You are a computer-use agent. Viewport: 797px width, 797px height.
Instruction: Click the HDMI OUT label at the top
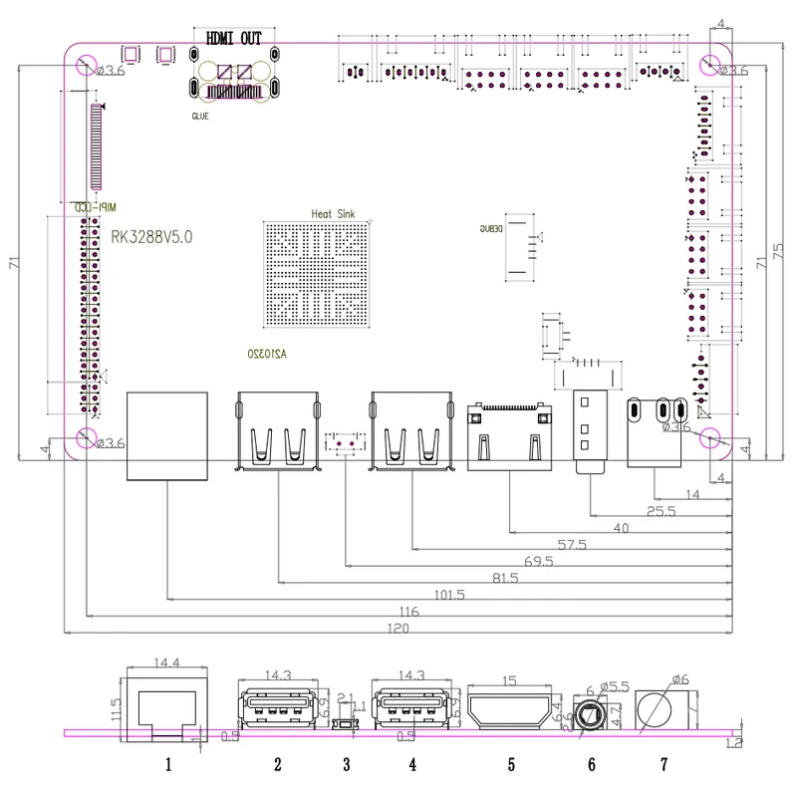233,39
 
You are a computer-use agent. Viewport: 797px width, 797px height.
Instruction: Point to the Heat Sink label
334,214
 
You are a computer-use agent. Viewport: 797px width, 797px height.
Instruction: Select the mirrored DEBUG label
489,229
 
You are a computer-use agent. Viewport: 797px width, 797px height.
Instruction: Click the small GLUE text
200,116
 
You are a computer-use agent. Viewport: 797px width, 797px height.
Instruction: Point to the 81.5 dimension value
505,578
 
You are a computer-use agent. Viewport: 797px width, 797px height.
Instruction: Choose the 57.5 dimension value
570,545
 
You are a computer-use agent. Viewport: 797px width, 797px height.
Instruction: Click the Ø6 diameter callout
678,679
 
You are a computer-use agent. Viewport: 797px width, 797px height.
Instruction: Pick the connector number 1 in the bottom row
168,765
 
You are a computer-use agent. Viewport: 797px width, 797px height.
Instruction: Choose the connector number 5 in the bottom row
511,765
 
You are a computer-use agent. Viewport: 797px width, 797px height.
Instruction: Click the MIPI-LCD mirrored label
97,206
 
